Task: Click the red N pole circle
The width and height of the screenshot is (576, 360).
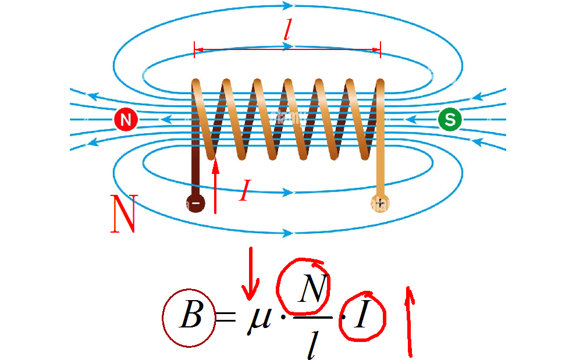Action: [x=126, y=119]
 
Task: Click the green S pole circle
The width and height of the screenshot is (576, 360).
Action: [x=450, y=119]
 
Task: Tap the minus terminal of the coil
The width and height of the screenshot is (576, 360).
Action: [x=196, y=203]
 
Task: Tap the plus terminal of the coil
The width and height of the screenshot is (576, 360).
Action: [x=380, y=203]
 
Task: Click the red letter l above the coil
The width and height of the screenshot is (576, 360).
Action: [x=287, y=33]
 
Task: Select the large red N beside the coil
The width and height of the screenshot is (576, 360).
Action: [x=124, y=213]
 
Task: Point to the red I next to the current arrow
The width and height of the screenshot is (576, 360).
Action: [x=244, y=190]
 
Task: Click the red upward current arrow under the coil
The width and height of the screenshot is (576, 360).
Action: [x=215, y=186]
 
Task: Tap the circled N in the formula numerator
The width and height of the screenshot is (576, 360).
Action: [x=313, y=288]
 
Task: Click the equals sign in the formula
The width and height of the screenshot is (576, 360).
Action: [x=225, y=316]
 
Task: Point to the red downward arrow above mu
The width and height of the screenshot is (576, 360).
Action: [x=251, y=274]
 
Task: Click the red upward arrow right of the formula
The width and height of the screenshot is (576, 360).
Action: [x=409, y=322]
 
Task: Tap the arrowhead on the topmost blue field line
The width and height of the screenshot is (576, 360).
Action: [x=287, y=5]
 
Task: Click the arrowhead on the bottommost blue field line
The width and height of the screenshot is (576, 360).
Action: [x=287, y=233]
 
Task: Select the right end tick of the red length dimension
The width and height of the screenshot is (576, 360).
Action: [x=381, y=49]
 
